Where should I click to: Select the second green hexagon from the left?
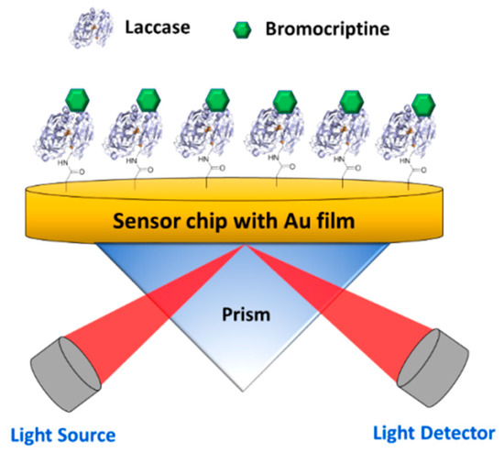[x=148, y=101]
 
